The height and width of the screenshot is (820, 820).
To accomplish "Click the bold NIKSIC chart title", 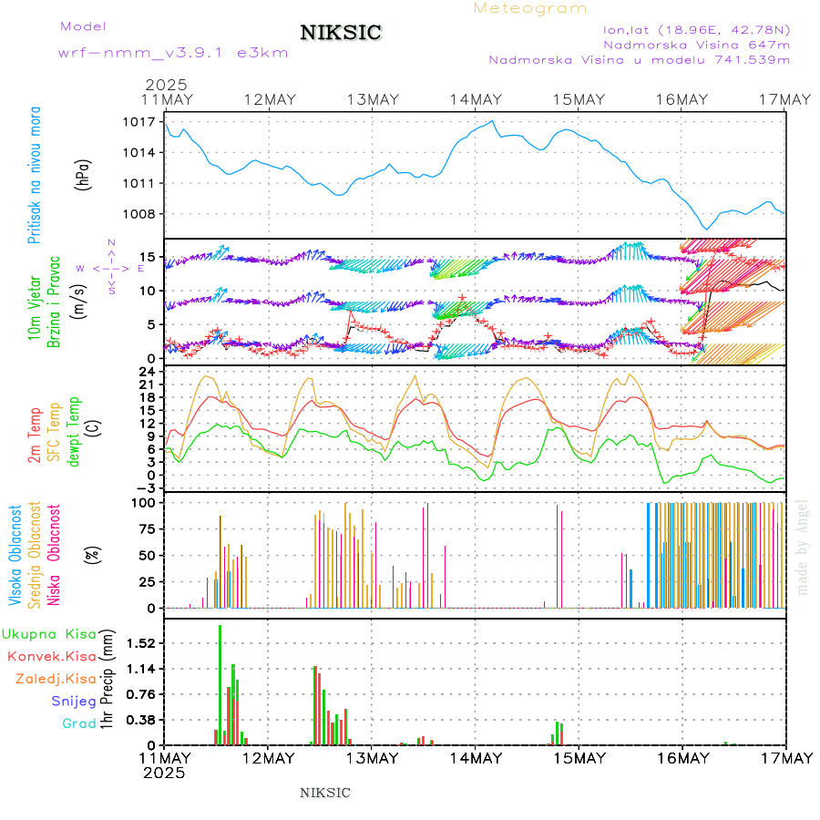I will (341, 34).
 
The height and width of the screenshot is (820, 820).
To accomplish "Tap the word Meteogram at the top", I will (530, 8).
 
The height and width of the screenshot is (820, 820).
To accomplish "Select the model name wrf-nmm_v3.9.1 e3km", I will (173, 53).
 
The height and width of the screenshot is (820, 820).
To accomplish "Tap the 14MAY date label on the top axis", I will (475, 99).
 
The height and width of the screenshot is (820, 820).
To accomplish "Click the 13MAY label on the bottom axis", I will (372, 758).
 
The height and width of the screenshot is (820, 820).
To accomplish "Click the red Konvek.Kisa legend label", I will (51, 656).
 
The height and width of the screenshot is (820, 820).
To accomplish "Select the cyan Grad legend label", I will (78, 723).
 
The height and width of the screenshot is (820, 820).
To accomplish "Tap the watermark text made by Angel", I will (803, 547).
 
